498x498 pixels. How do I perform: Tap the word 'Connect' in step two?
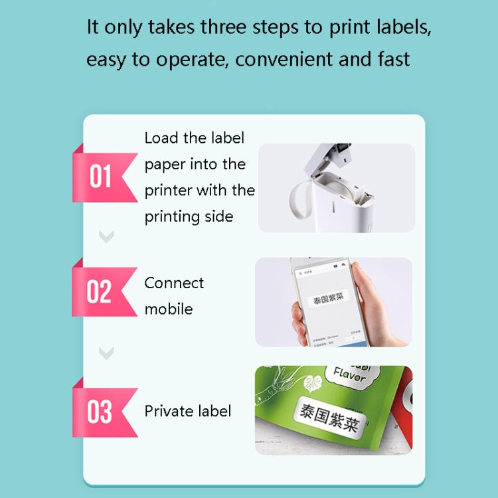174,283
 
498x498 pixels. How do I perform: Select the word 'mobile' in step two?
169,309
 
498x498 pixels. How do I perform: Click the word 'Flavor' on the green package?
349,376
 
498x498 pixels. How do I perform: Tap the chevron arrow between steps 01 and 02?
106,236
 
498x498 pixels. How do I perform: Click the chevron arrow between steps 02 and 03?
106,353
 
